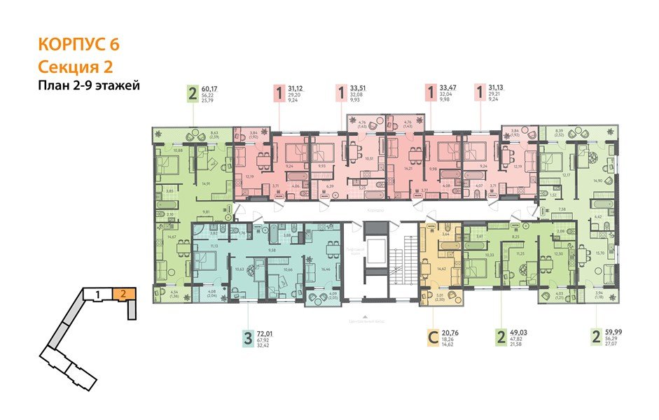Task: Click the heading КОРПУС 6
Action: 78,44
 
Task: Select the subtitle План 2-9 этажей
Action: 90,86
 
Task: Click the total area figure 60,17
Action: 210,88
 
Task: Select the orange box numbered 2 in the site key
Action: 123,293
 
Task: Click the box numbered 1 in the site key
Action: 99,293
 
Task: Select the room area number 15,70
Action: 599,253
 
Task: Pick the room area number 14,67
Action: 171,237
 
